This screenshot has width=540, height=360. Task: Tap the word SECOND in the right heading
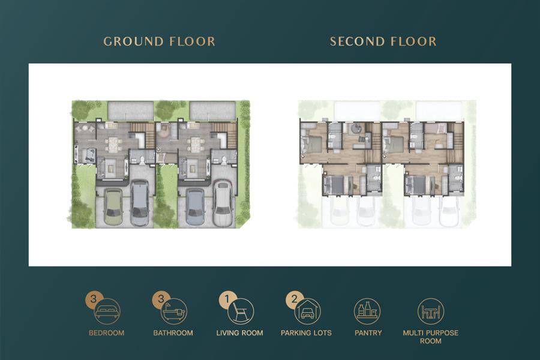pyautogui.click(x=355, y=41)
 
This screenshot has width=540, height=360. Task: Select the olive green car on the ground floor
pyautogui.click(x=113, y=207)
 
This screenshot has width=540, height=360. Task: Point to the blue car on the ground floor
pyautogui.click(x=195, y=207)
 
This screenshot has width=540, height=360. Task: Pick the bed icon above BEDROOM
pyautogui.click(x=107, y=311)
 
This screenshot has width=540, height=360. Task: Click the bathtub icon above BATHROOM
pyautogui.click(x=174, y=311)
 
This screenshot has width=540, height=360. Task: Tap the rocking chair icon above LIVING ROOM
pyautogui.click(x=241, y=311)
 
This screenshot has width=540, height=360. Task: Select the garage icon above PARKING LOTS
pyautogui.click(x=308, y=311)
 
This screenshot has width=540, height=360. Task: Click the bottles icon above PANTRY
pyautogui.click(x=367, y=311)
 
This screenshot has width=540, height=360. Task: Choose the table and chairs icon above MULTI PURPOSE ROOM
pyautogui.click(x=431, y=311)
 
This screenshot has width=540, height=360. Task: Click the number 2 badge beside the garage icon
pyautogui.click(x=294, y=299)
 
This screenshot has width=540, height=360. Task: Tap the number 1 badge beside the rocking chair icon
pyautogui.click(x=227, y=299)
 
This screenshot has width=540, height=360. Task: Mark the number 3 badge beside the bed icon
pyautogui.click(x=94, y=299)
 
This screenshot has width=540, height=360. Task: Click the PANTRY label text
pyautogui.click(x=368, y=333)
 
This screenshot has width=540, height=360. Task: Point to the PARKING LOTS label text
pyautogui.click(x=306, y=333)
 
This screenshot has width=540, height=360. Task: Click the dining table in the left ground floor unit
pyautogui.click(x=113, y=145)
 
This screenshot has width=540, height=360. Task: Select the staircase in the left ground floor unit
pyautogui.click(x=143, y=133)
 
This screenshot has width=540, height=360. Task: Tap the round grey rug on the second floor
pyautogui.click(x=355, y=128)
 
